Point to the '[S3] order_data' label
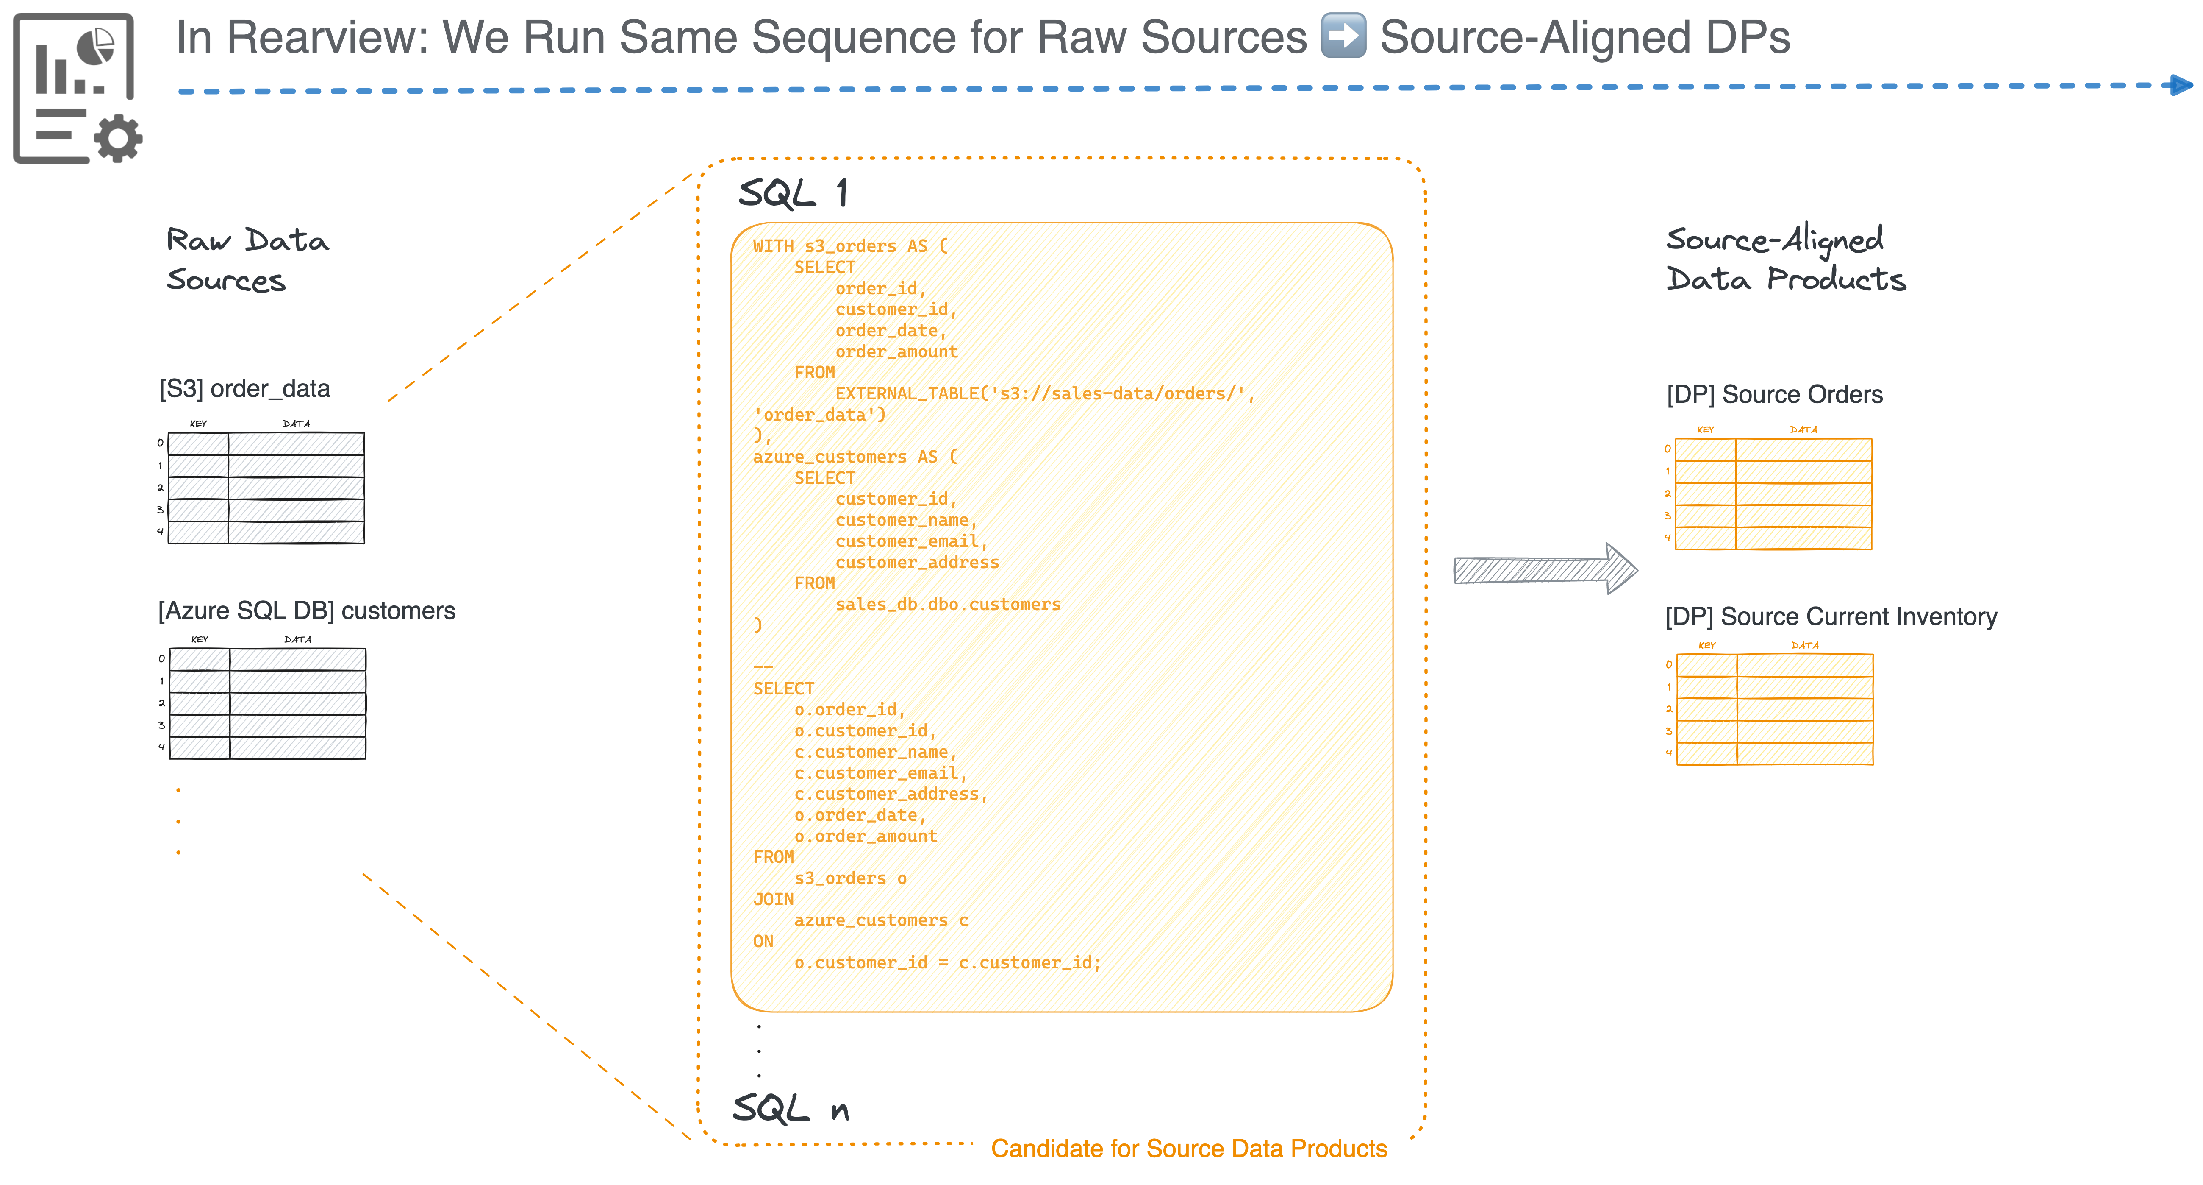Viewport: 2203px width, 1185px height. coord(244,389)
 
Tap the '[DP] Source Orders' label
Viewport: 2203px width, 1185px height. coord(1775,394)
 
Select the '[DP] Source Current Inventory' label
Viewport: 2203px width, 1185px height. coord(1831,617)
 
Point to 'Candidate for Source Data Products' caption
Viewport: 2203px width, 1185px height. coord(1189,1149)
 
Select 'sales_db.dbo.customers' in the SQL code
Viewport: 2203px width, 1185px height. coord(948,604)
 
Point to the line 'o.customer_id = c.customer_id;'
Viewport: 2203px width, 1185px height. coord(948,962)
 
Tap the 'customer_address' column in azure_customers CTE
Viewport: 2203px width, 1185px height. coord(917,562)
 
